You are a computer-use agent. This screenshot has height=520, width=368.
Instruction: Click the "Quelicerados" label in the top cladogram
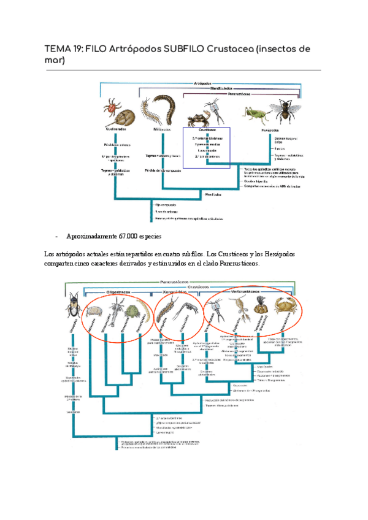pos(116,129)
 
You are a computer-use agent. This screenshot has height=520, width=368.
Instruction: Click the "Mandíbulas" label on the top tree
pos(213,194)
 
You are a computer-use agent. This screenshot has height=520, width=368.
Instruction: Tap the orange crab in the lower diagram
pos(285,304)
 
